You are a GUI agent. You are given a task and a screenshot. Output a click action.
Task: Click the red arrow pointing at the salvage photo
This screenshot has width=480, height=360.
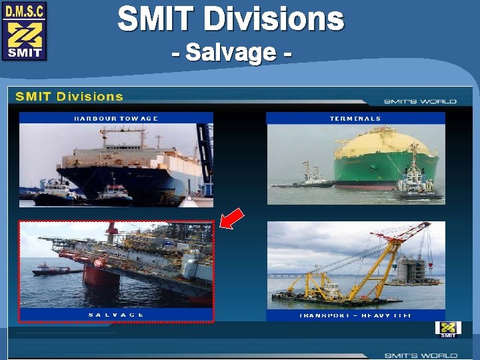pyautogui.click(x=231, y=219)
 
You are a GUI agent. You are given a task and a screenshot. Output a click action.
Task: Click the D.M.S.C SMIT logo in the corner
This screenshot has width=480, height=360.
pyautogui.click(x=24, y=31)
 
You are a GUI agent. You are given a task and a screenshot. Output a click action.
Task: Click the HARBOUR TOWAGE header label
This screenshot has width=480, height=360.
pyautogui.click(x=116, y=118)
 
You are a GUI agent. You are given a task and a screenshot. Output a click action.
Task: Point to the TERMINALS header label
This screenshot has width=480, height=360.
pyautogui.click(x=355, y=118)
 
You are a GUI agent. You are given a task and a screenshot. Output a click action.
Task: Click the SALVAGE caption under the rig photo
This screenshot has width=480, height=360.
pyautogui.click(x=116, y=315)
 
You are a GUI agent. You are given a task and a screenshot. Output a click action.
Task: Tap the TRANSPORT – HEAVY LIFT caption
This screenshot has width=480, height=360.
pyautogui.click(x=355, y=315)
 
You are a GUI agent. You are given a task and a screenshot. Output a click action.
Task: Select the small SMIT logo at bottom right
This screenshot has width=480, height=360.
pyautogui.click(x=448, y=329)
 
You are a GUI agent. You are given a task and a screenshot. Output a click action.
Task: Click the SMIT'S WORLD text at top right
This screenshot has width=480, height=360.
pyautogui.click(x=420, y=101)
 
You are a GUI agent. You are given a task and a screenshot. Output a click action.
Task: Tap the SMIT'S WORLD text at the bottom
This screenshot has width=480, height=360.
pyautogui.click(x=420, y=355)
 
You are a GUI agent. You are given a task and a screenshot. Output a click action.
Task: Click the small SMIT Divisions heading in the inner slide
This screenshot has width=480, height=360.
pyautogui.click(x=69, y=97)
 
